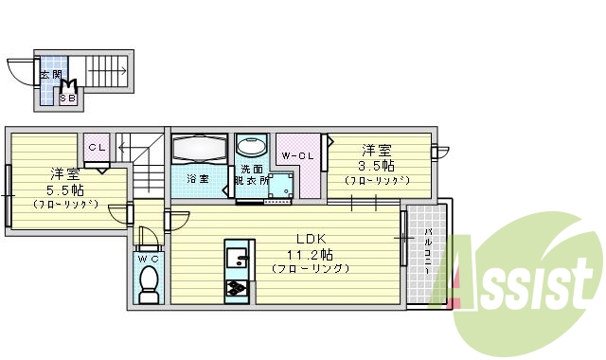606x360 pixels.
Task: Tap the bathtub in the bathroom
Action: [x=200, y=149]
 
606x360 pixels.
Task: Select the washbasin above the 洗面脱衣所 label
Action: [x=251, y=145]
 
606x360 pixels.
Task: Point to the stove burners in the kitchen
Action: [x=236, y=288]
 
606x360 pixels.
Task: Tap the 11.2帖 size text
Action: [x=310, y=255]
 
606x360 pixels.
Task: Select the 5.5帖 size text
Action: [x=65, y=190]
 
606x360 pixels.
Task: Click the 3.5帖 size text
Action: [x=376, y=166]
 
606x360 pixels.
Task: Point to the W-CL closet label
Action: [x=297, y=156]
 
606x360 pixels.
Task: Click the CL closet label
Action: [x=97, y=148]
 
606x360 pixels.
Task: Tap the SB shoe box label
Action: [x=68, y=99]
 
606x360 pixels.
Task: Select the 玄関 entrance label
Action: [x=50, y=75]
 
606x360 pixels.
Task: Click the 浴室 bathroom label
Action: [x=198, y=179]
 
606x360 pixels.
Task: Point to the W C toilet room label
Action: [x=149, y=260]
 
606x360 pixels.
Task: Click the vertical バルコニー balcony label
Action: [x=427, y=251]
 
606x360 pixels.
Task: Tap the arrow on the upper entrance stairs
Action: [x=107, y=71]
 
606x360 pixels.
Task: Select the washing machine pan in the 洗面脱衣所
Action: [x=280, y=185]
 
